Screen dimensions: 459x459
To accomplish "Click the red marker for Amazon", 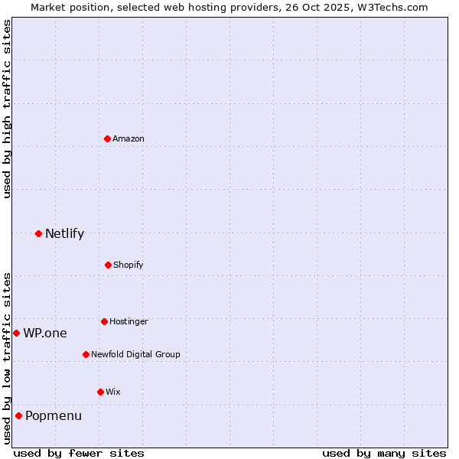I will coord(107,138).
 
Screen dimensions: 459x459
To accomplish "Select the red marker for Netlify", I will coord(38,233).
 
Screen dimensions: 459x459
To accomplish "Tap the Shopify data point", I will coord(108,265).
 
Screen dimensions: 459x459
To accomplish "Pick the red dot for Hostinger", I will coord(104,321).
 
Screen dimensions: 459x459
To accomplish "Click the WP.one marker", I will coord(16,333).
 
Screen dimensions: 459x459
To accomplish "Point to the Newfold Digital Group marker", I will coord(86,354).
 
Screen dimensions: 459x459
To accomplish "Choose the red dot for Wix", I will coord(100,392).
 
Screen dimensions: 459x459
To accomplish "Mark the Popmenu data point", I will coord(18,415).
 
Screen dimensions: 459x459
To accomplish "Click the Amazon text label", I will coord(129,138).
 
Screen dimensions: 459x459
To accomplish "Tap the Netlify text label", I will coord(64,233).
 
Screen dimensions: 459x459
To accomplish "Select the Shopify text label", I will coord(129,265).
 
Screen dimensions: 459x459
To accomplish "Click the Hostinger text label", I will coord(129,321).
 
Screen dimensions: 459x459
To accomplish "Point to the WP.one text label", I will coord(45,333).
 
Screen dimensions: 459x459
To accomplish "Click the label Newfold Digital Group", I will coord(135,354).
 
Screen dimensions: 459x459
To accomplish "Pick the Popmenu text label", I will coord(54,415).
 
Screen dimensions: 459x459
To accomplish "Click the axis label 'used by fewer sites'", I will coord(79,453).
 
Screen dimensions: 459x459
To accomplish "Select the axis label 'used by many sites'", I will coord(384,453).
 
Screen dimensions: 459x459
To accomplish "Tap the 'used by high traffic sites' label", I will coord(7,109).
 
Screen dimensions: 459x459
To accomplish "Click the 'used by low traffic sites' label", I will coord(7,358).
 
